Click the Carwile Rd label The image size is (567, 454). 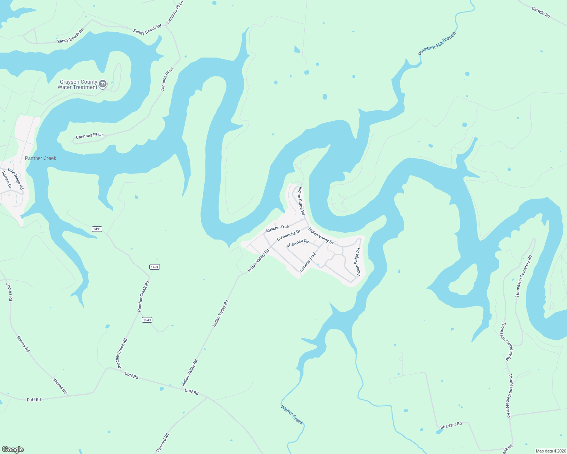tap(541, 12)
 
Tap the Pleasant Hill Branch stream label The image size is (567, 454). tap(437, 44)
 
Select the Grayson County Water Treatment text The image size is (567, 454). tap(78, 84)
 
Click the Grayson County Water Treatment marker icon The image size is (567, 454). tap(102, 84)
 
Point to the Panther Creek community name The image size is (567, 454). tap(41, 158)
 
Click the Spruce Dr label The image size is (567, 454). tap(7, 180)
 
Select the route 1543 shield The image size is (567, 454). tap(147, 320)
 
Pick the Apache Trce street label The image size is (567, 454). tap(277, 228)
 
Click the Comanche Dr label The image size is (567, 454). tap(288, 235)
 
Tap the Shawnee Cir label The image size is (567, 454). tap(298, 243)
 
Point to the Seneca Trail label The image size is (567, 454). tap(307, 262)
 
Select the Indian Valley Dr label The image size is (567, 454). tap(321, 236)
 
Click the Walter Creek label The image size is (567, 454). tap(292, 414)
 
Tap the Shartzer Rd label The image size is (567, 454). tap(451, 425)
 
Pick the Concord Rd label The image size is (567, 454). tap(162, 443)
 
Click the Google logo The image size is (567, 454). tap(13, 449)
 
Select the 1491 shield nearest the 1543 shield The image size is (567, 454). tap(154, 267)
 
